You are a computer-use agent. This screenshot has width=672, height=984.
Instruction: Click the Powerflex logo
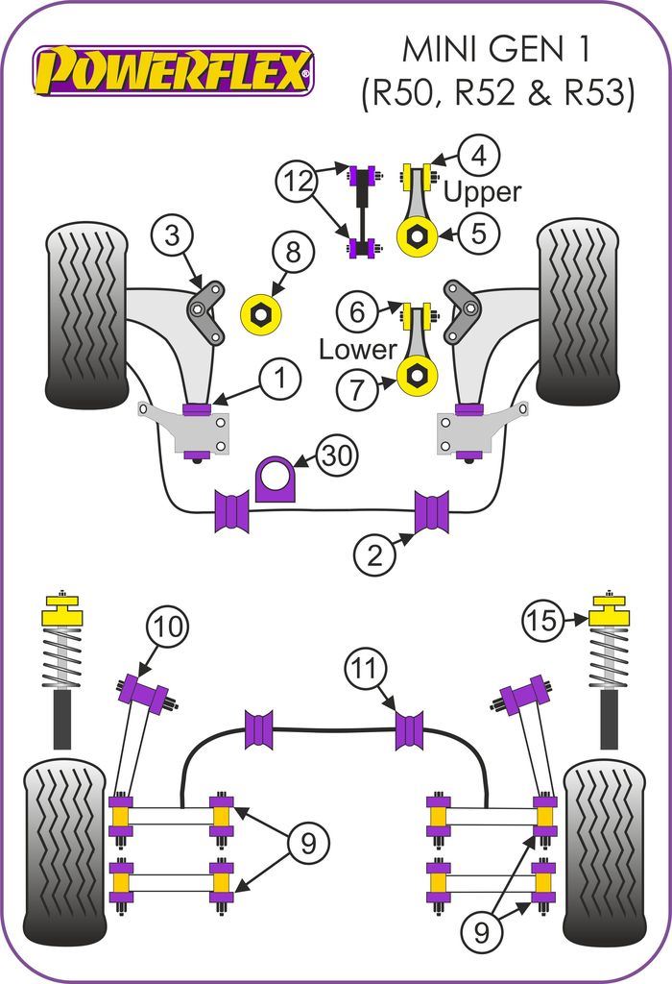coord(173,70)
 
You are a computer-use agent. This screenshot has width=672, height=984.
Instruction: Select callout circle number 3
coord(172,234)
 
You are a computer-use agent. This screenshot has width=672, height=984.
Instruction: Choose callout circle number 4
coord(478,154)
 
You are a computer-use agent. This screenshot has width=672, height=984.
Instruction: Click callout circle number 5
coord(478,232)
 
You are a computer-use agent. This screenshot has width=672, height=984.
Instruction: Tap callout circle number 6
coord(357,310)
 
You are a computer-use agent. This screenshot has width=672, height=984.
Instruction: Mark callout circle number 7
coord(357,388)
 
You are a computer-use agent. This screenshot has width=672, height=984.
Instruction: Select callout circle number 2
coord(374,554)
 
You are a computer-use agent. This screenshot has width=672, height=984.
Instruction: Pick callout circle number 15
coord(543,622)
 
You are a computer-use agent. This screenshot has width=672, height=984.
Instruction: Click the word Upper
coord(483,192)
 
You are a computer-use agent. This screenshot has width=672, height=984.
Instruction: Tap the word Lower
coord(357,349)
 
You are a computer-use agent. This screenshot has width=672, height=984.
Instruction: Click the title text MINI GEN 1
coord(498,48)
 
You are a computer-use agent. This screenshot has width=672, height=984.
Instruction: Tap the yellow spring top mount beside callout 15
coord(608,613)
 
